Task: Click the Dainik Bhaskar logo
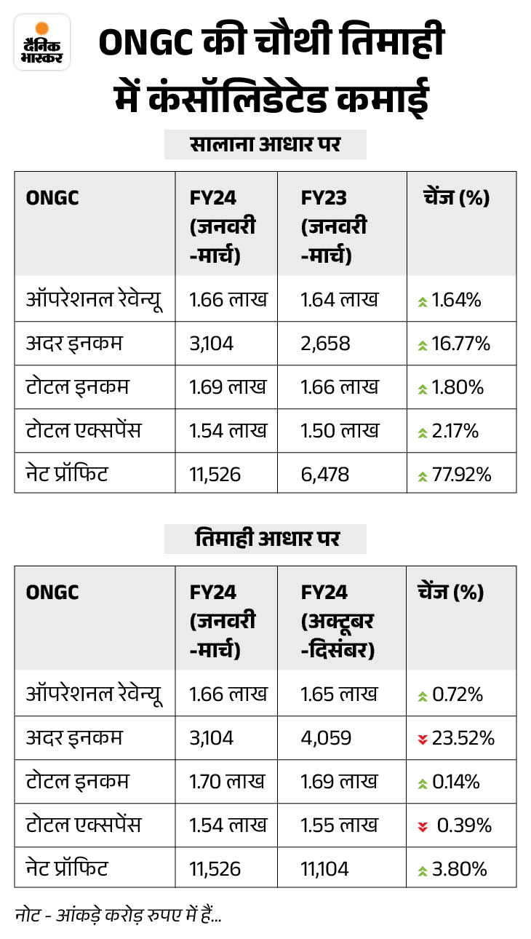pos(41,42)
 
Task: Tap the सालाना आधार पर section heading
pos(265,145)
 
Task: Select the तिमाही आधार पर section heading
pos(265,539)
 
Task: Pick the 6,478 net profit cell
pos(324,475)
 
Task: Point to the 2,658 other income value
pos(325,343)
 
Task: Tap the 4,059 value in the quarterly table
pos(326,738)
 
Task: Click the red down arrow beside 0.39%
pos(422,826)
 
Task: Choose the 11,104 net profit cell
pos(324,869)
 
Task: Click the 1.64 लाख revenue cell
pos(340,299)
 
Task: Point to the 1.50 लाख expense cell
pos(340,431)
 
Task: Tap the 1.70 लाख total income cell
pos(227,782)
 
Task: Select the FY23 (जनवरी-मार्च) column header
pos(334,227)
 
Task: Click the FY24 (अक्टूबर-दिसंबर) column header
pos(338,621)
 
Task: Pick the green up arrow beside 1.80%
pos(422,388)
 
